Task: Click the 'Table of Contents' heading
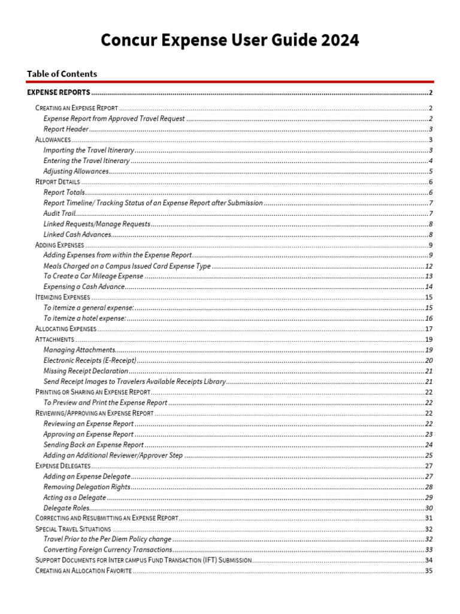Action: (x=62, y=74)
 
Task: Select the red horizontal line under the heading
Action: (x=230, y=82)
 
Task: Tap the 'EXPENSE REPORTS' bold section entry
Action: (x=59, y=92)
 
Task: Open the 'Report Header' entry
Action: (x=66, y=129)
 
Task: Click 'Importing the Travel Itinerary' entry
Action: (x=89, y=150)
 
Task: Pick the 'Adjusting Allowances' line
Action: (x=76, y=171)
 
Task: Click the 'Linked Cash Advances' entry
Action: (x=77, y=234)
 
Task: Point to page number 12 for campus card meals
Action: (x=429, y=266)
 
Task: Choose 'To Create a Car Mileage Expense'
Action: (x=93, y=276)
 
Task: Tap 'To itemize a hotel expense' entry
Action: (x=84, y=318)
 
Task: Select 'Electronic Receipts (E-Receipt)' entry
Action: (x=90, y=360)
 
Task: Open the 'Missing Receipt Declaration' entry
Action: (x=86, y=371)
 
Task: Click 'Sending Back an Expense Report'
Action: (x=93, y=445)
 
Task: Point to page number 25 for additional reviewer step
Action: (x=429, y=455)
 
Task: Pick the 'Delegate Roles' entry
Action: (x=66, y=508)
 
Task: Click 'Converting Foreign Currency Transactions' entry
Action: (x=108, y=549)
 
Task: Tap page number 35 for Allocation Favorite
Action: (x=429, y=570)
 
